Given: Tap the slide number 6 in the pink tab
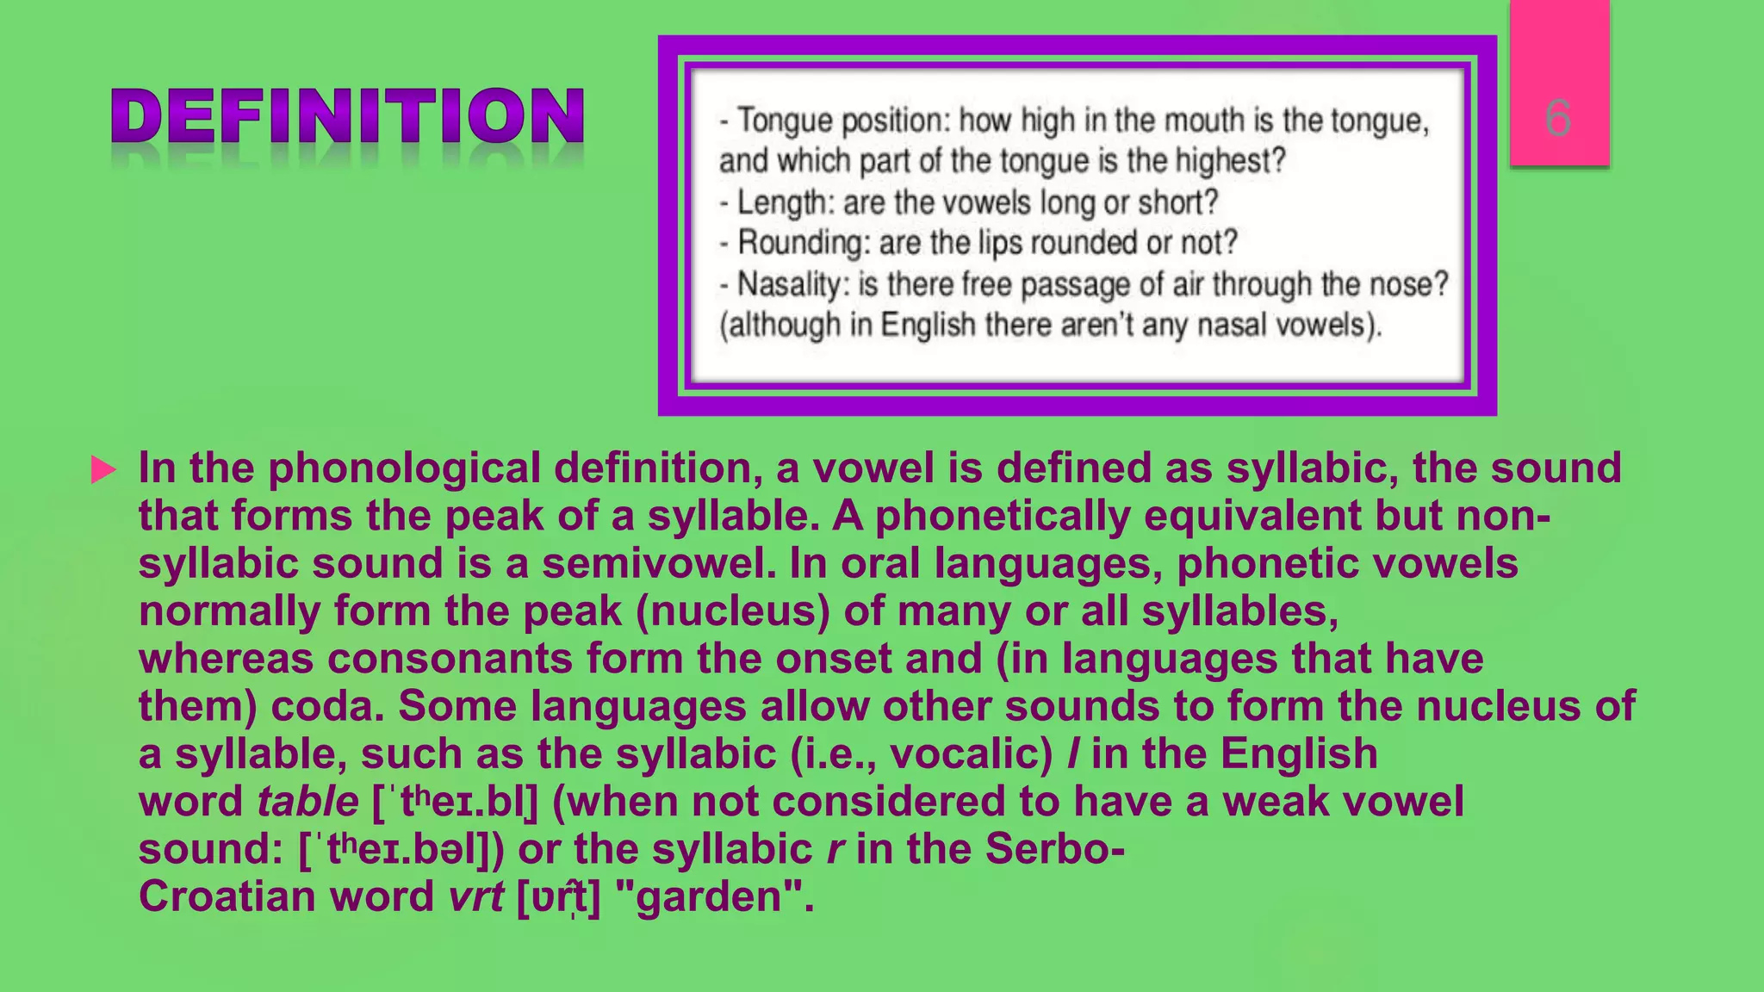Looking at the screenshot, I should pyautogui.click(x=1558, y=117).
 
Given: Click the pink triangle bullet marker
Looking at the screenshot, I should pyautogui.click(x=103, y=470).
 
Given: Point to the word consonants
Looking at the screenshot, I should pyautogui.click(x=449, y=660).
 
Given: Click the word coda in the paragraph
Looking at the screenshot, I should pyautogui.click(x=326, y=707).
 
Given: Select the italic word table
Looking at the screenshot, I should pyautogui.click(x=307, y=803).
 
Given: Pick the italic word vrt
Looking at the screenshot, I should pyautogui.click(x=475, y=897).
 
